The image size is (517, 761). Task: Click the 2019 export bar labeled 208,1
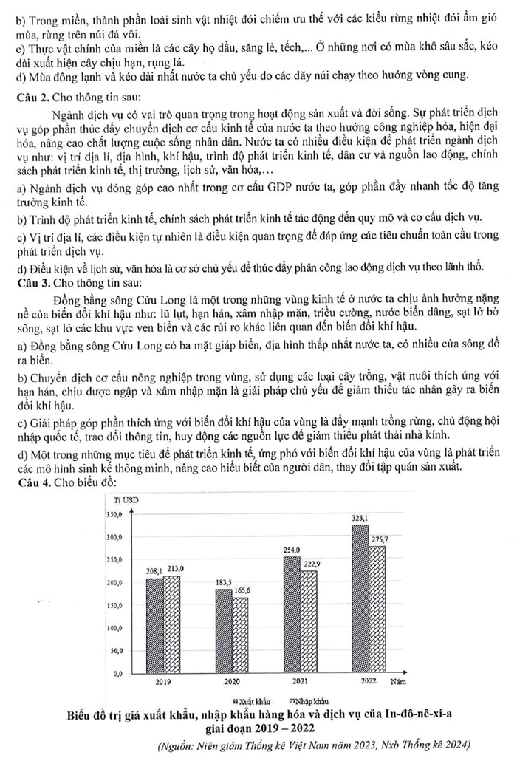pyautogui.click(x=154, y=625)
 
